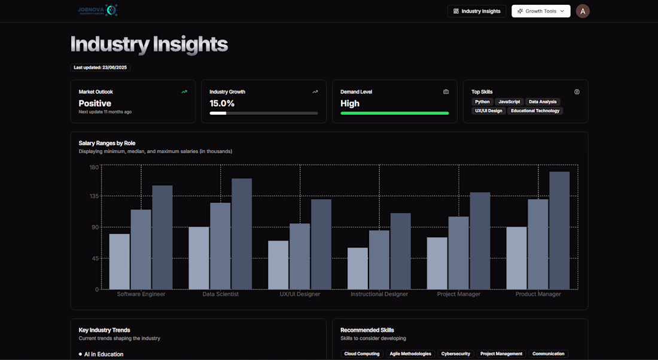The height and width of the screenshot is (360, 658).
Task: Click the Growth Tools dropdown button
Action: (x=541, y=11)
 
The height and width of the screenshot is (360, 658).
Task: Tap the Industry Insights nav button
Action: (x=477, y=11)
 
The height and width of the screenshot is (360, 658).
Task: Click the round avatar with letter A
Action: (x=583, y=11)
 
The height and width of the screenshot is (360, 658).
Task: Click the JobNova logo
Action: (x=98, y=10)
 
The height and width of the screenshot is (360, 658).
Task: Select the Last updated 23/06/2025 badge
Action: (x=100, y=68)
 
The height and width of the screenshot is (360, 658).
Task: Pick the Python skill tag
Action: (x=482, y=102)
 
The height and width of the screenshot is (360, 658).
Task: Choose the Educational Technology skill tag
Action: (x=535, y=111)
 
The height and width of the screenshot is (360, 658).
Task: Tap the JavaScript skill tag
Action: (x=509, y=102)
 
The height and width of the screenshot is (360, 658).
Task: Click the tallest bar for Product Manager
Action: (x=559, y=230)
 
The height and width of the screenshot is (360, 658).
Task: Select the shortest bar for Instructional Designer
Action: (x=358, y=269)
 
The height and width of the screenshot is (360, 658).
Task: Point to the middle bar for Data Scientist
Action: (x=220, y=246)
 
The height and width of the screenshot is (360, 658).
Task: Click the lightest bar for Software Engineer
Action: (x=120, y=261)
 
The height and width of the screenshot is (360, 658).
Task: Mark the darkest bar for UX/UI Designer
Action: (x=321, y=244)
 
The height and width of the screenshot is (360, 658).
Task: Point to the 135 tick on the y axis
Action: (x=94, y=196)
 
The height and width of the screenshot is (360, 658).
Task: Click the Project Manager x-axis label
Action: (x=459, y=294)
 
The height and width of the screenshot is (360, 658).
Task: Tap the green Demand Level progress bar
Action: (x=394, y=113)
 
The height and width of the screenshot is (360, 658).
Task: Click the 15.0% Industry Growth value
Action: (x=222, y=103)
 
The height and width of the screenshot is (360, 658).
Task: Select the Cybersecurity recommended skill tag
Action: (x=456, y=353)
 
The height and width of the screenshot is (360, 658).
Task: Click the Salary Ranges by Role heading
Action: (x=107, y=143)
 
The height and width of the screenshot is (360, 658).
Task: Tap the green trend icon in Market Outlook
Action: (x=184, y=92)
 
